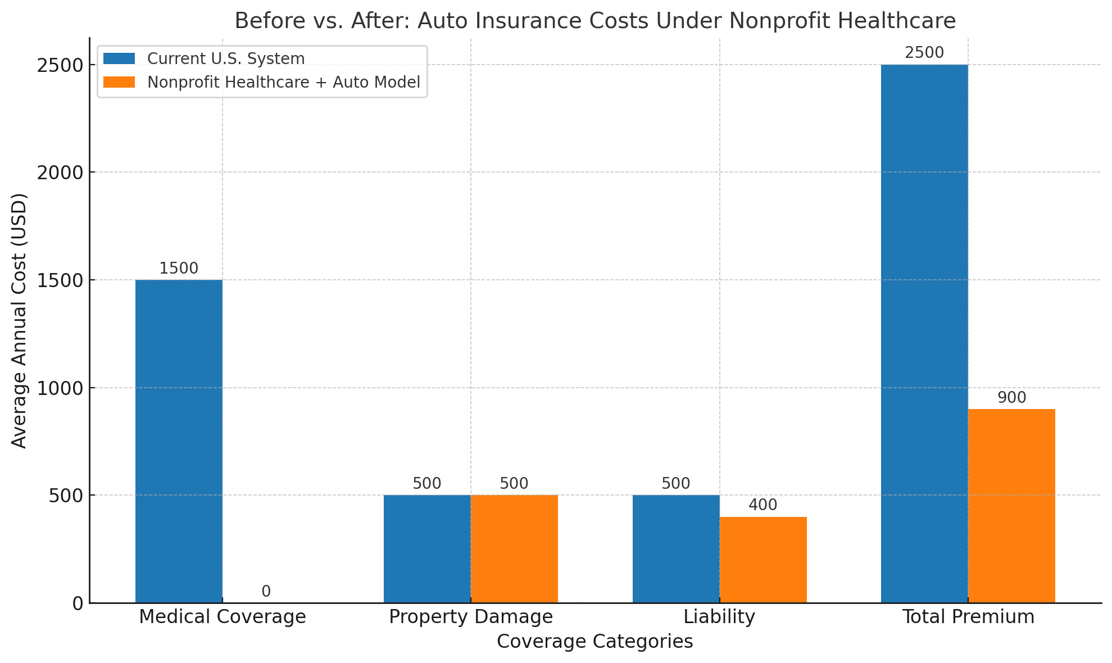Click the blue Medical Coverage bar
(x=179, y=441)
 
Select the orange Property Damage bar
(x=514, y=549)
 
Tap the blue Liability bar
(x=676, y=549)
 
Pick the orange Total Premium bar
(x=1011, y=506)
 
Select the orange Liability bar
(x=763, y=560)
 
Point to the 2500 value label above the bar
(x=924, y=53)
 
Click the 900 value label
(x=1011, y=398)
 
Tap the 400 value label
(x=763, y=505)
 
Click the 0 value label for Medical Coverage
(x=266, y=592)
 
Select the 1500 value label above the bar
(x=179, y=269)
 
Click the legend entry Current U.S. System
(x=225, y=59)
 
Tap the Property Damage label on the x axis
(x=471, y=617)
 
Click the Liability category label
(x=719, y=617)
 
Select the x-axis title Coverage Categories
(x=594, y=642)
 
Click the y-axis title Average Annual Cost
(x=19, y=320)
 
